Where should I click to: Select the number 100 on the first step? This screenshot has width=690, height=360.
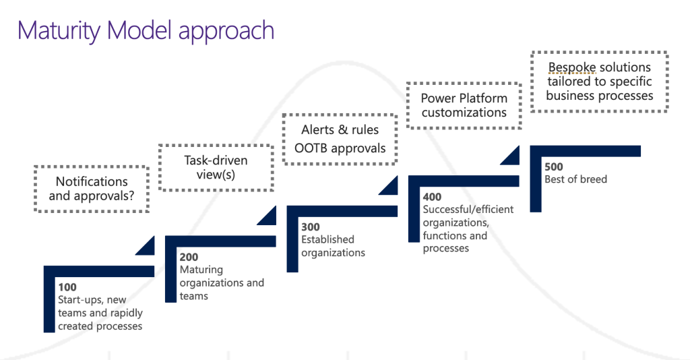tap(67, 287)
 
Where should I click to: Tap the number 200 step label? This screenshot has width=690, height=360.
tap(189, 257)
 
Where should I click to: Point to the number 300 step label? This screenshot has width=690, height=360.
tap(311, 227)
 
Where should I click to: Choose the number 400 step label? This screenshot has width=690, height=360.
tap(433, 198)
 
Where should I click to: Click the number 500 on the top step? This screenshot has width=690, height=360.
tap(554, 167)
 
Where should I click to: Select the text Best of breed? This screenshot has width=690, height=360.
tap(575, 179)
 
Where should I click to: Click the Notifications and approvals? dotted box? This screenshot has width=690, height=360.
tap(92, 189)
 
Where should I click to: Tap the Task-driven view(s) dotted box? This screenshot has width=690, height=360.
tap(216, 167)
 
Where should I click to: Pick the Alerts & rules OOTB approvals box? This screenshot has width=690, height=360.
tap(340, 139)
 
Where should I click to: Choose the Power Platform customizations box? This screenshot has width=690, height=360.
tap(464, 105)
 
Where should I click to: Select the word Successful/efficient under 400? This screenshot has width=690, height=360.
tap(468, 210)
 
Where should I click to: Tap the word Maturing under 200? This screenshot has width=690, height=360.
tap(201, 270)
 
